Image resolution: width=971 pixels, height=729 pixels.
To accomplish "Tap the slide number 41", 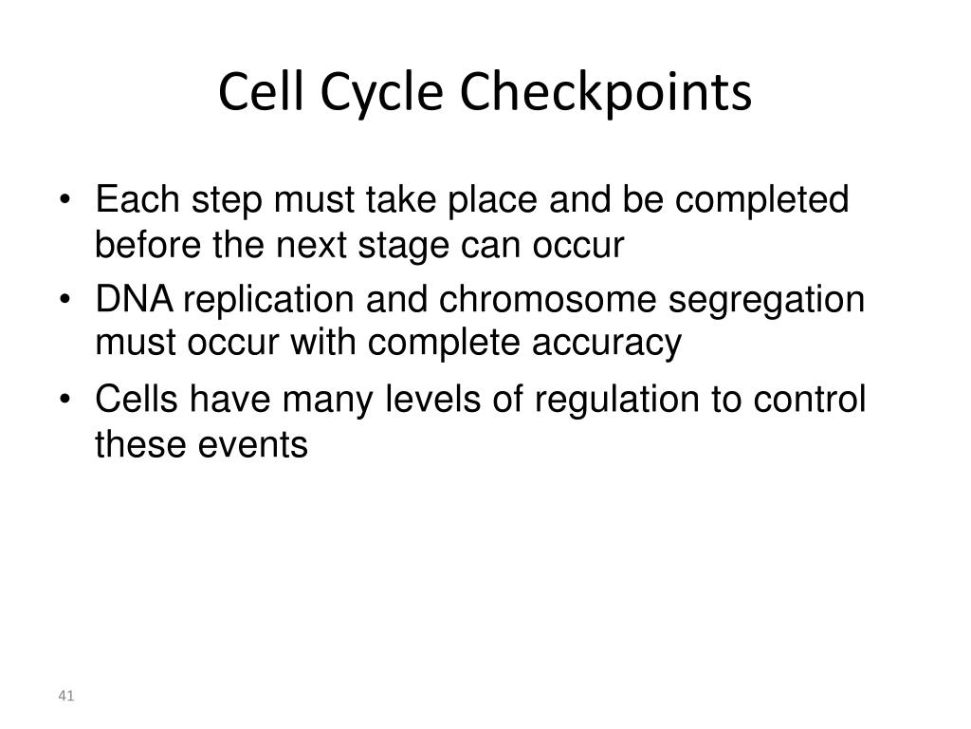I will [x=65, y=697].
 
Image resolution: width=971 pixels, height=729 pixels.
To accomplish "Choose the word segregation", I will [x=768, y=300].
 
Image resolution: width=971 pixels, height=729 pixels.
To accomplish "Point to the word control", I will [x=810, y=400].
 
